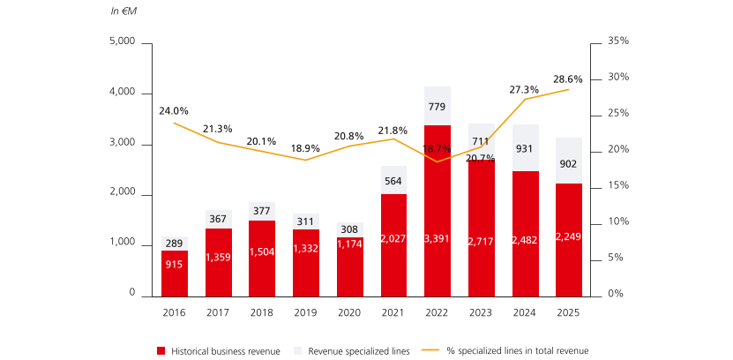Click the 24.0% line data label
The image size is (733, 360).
click(174, 111)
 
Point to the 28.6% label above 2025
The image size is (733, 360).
click(567, 79)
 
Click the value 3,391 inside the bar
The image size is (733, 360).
click(438, 238)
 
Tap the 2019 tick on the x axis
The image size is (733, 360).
click(306, 311)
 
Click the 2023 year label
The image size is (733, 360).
click(481, 311)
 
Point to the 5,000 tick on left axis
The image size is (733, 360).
click(122, 42)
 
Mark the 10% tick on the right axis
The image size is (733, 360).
click(618, 221)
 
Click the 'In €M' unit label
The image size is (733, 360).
click(123, 11)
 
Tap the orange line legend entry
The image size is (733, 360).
click(512, 351)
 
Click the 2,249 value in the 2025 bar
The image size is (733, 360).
click(568, 236)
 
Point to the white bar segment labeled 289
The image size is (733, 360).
click(175, 244)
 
